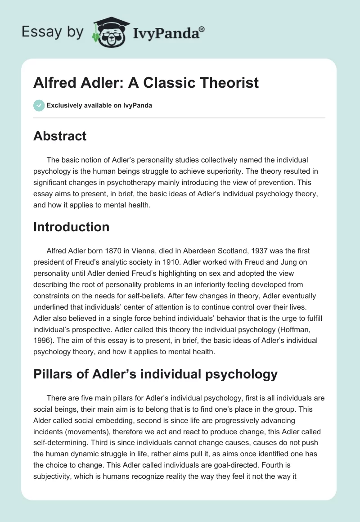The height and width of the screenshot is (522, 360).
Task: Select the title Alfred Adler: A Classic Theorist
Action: [146, 83]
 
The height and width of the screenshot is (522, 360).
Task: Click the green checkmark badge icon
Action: [38, 105]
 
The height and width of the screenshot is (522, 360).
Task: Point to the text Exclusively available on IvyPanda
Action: [99, 106]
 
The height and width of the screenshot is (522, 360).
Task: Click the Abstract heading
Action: [60, 136]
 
